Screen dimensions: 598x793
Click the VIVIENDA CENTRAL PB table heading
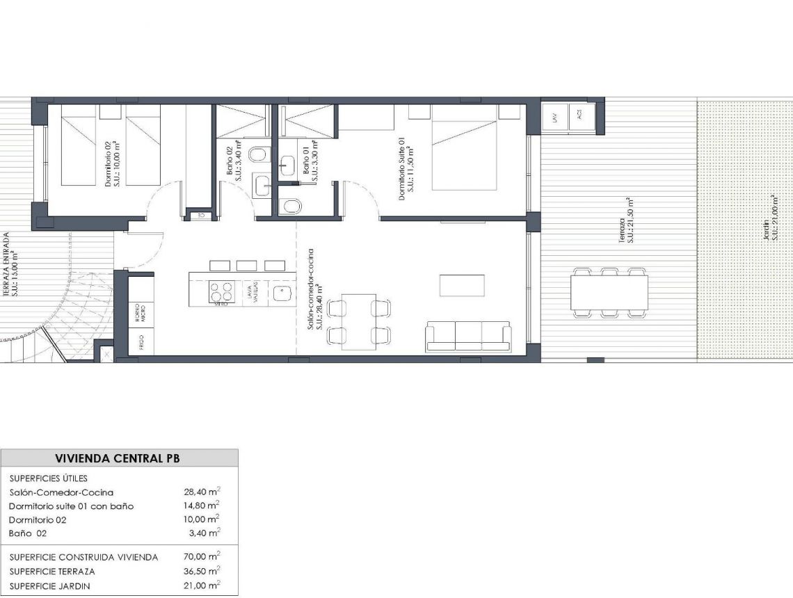pyautogui.click(x=119, y=458)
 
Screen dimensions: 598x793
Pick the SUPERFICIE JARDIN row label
pyautogui.click(x=49, y=585)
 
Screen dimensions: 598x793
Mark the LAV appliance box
pyautogui.click(x=555, y=117)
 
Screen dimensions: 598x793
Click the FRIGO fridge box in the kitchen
pyautogui.click(x=141, y=341)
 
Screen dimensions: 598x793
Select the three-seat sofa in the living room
pyautogui.click(x=468, y=336)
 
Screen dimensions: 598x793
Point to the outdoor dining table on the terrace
pyautogui.click(x=609, y=293)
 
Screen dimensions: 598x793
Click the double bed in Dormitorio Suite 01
pyautogui.click(x=465, y=146)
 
